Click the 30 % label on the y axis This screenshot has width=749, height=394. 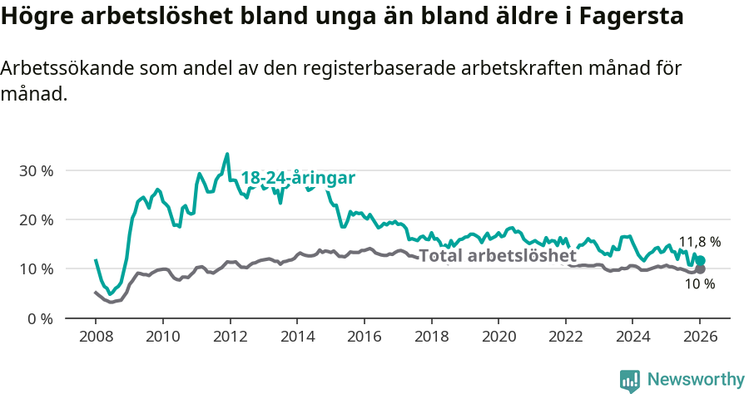click(36, 170)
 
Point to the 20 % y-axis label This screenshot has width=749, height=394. click(36, 219)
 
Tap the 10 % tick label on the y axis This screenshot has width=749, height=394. click(36, 268)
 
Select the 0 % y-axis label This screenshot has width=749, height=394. click(40, 318)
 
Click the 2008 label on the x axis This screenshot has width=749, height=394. click(95, 337)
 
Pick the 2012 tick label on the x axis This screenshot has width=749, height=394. click(229, 337)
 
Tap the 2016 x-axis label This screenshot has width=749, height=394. click(364, 337)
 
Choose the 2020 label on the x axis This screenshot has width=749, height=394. click(499, 337)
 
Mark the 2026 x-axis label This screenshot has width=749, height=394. click(700, 337)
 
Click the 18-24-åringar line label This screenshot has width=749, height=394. click(298, 178)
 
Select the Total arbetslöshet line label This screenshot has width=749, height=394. click(497, 255)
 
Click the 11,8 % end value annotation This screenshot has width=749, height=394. click(700, 242)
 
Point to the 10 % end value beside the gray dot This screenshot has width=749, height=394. click(700, 284)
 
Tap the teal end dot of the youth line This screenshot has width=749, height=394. click(701, 260)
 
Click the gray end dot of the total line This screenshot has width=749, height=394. click(700, 269)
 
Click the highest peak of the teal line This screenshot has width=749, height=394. click(227, 154)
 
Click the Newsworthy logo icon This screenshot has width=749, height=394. click(629, 381)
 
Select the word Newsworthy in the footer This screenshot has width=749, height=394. click(695, 380)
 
